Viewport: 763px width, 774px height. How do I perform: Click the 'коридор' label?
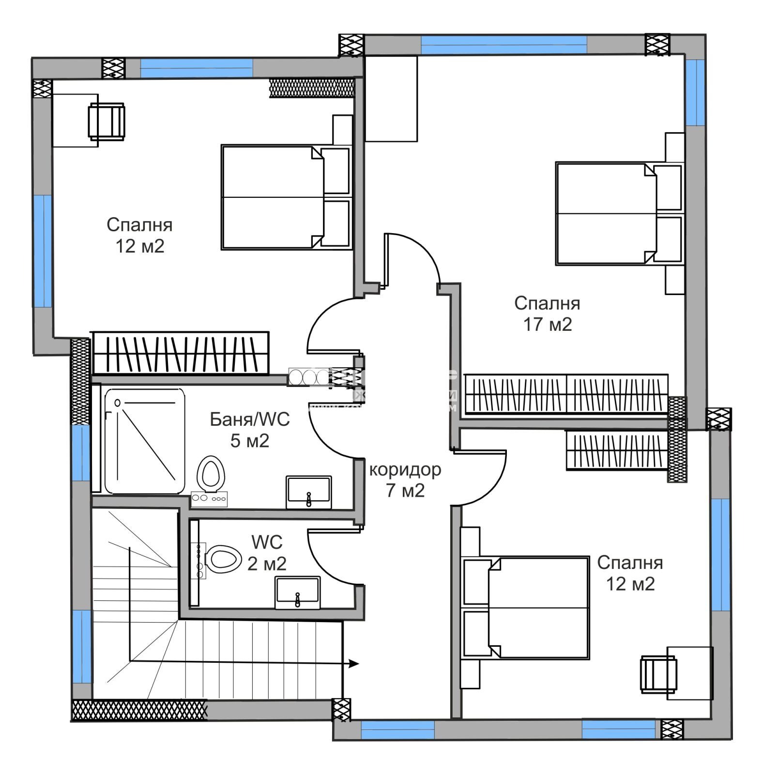(x=405, y=469)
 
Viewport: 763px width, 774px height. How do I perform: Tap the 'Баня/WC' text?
(x=249, y=419)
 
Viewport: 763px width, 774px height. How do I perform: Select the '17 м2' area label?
(x=547, y=324)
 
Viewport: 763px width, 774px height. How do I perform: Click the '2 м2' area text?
(x=267, y=564)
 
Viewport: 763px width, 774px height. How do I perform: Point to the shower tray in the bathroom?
(x=144, y=440)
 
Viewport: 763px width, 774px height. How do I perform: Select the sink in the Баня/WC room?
(x=309, y=491)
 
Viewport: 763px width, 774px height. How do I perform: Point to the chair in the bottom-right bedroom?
(x=658, y=673)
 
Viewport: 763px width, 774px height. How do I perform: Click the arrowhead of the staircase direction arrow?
(x=354, y=664)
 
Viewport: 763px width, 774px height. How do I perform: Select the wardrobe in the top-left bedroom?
(x=180, y=353)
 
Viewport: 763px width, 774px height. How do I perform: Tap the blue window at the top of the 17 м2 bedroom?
(x=504, y=45)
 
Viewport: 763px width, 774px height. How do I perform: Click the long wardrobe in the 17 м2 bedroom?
(x=566, y=394)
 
